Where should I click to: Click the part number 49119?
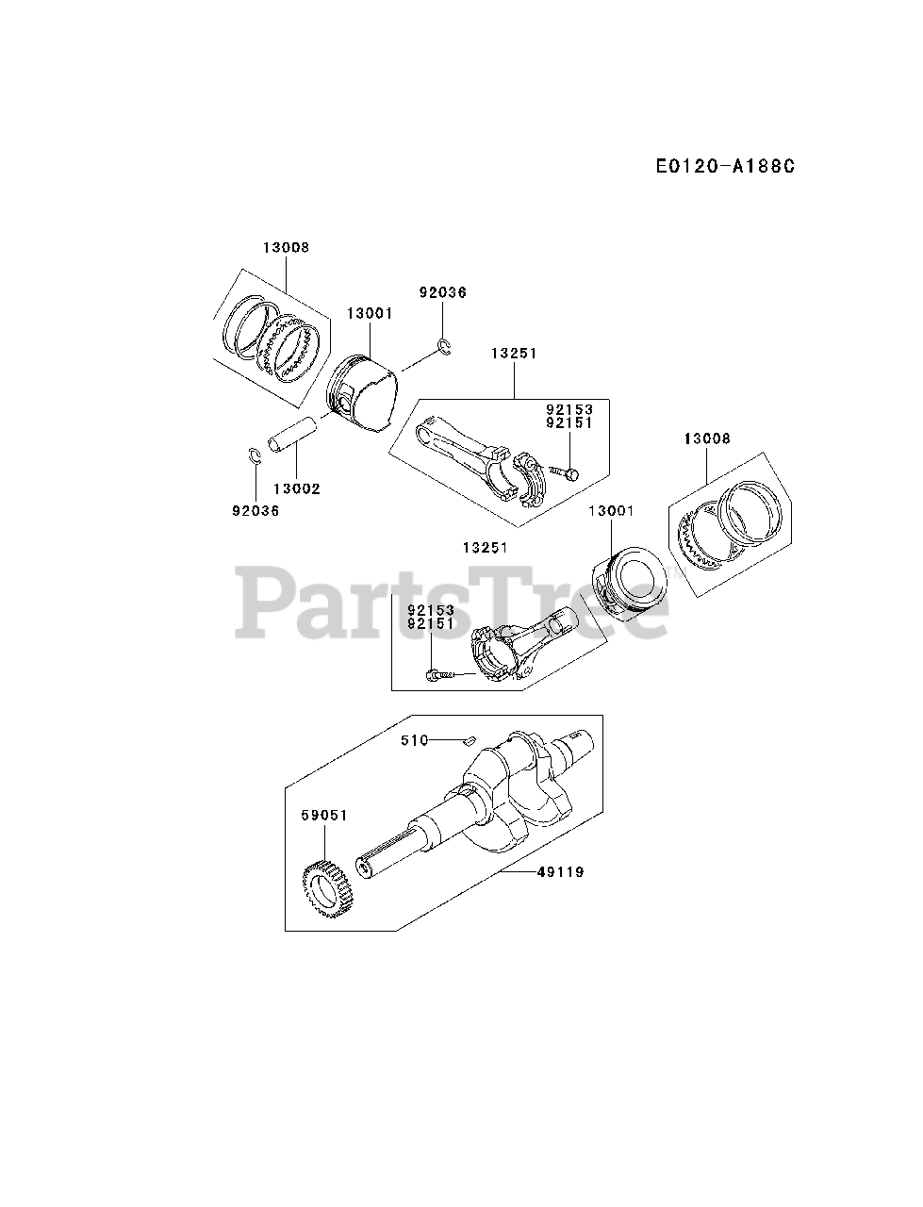[x=560, y=872]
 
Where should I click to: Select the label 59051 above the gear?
[x=324, y=816]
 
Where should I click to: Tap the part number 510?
[x=415, y=741]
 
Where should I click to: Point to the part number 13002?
[x=296, y=488]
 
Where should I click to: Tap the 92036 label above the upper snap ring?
[x=443, y=292]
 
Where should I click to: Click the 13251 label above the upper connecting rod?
[x=514, y=354]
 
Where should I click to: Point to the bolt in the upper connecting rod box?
[x=566, y=472]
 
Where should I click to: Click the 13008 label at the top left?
[x=286, y=248]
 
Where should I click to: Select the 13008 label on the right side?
[x=707, y=438]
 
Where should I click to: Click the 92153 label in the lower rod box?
[x=431, y=611]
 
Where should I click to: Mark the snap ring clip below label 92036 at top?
[x=446, y=347]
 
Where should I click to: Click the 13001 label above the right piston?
[x=612, y=510]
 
